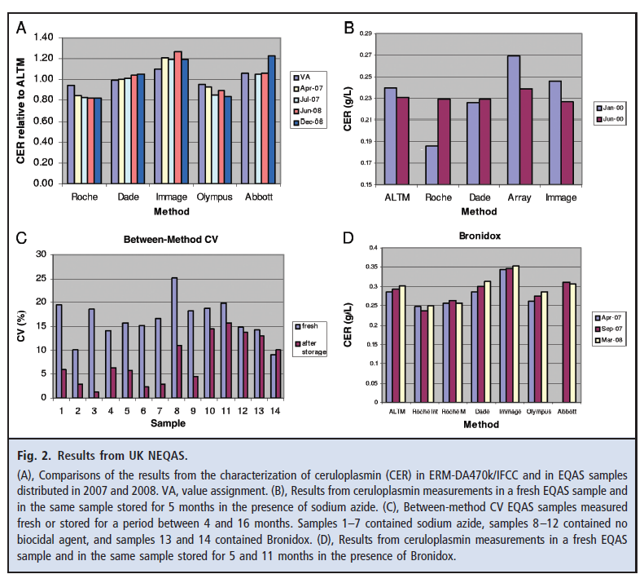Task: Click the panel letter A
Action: point(22,29)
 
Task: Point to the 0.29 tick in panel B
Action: point(364,34)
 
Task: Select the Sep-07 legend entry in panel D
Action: point(612,329)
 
